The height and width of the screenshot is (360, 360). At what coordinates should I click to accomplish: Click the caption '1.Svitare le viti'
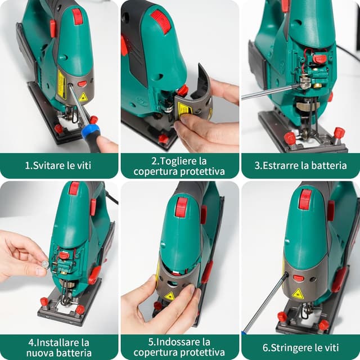click(x=59, y=166)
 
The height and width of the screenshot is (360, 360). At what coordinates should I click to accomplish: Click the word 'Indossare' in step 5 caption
click(x=183, y=341)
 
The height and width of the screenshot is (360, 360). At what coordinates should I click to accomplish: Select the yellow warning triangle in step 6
click(x=298, y=293)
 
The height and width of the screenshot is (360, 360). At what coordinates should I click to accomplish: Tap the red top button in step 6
click(x=305, y=199)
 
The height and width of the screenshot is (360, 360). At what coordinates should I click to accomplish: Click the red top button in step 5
click(x=181, y=206)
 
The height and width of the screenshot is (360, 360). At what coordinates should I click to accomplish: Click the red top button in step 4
click(x=74, y=188)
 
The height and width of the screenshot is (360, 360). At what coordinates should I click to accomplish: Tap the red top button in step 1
click(x=77, y=16)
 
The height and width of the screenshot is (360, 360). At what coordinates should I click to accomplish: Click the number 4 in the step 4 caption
click(x=31, y=341)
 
